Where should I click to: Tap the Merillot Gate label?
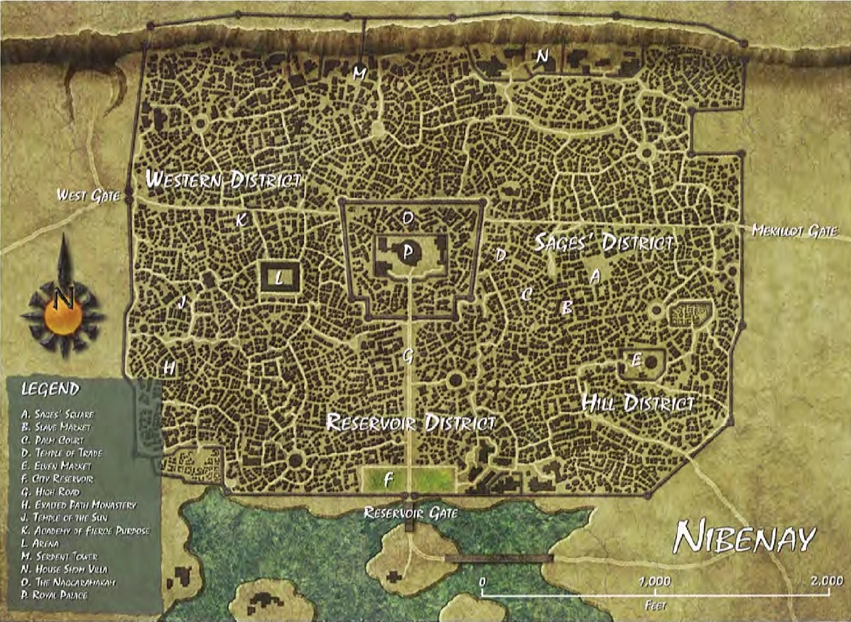795,230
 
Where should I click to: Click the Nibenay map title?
744,538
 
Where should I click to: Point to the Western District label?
224,180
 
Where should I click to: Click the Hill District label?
637,404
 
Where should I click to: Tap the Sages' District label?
604,243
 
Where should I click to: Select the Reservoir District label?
410,423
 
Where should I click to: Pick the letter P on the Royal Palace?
408,251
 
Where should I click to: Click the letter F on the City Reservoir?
388,479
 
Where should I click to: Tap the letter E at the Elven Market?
636,361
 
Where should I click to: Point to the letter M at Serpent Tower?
359,74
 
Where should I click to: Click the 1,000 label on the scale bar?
654,581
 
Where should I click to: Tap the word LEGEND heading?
50,389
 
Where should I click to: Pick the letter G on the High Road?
407,356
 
